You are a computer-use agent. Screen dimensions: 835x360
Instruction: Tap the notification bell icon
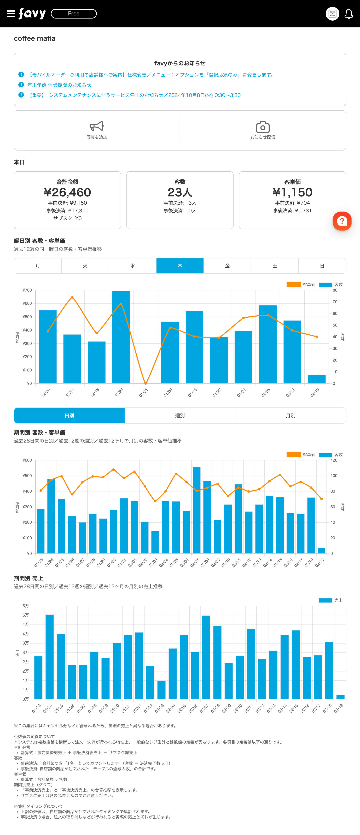coord(349,14)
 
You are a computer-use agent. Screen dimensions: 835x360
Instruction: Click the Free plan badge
coord(74,14)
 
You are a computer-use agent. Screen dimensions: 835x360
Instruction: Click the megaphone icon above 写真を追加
coord(97,126)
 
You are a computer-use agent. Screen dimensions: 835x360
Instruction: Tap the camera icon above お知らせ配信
coord(263,127)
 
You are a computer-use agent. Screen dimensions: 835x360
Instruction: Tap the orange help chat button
coord(342,221)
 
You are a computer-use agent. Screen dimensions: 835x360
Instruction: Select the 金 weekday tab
coord(227,266)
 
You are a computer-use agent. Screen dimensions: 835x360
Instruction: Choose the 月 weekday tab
coord(38,266)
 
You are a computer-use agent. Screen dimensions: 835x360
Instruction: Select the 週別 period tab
coord(180,416)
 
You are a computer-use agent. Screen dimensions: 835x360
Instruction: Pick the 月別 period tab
coord(291,416)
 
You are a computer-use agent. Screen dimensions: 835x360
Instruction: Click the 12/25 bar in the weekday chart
coord(121,337)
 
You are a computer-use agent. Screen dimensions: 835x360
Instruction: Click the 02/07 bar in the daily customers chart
coord(196,510)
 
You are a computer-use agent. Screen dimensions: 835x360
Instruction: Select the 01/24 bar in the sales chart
coord(50,656)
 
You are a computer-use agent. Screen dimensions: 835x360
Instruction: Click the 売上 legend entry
coord(331,600)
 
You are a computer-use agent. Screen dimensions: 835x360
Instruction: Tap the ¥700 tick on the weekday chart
coord(27,290)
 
